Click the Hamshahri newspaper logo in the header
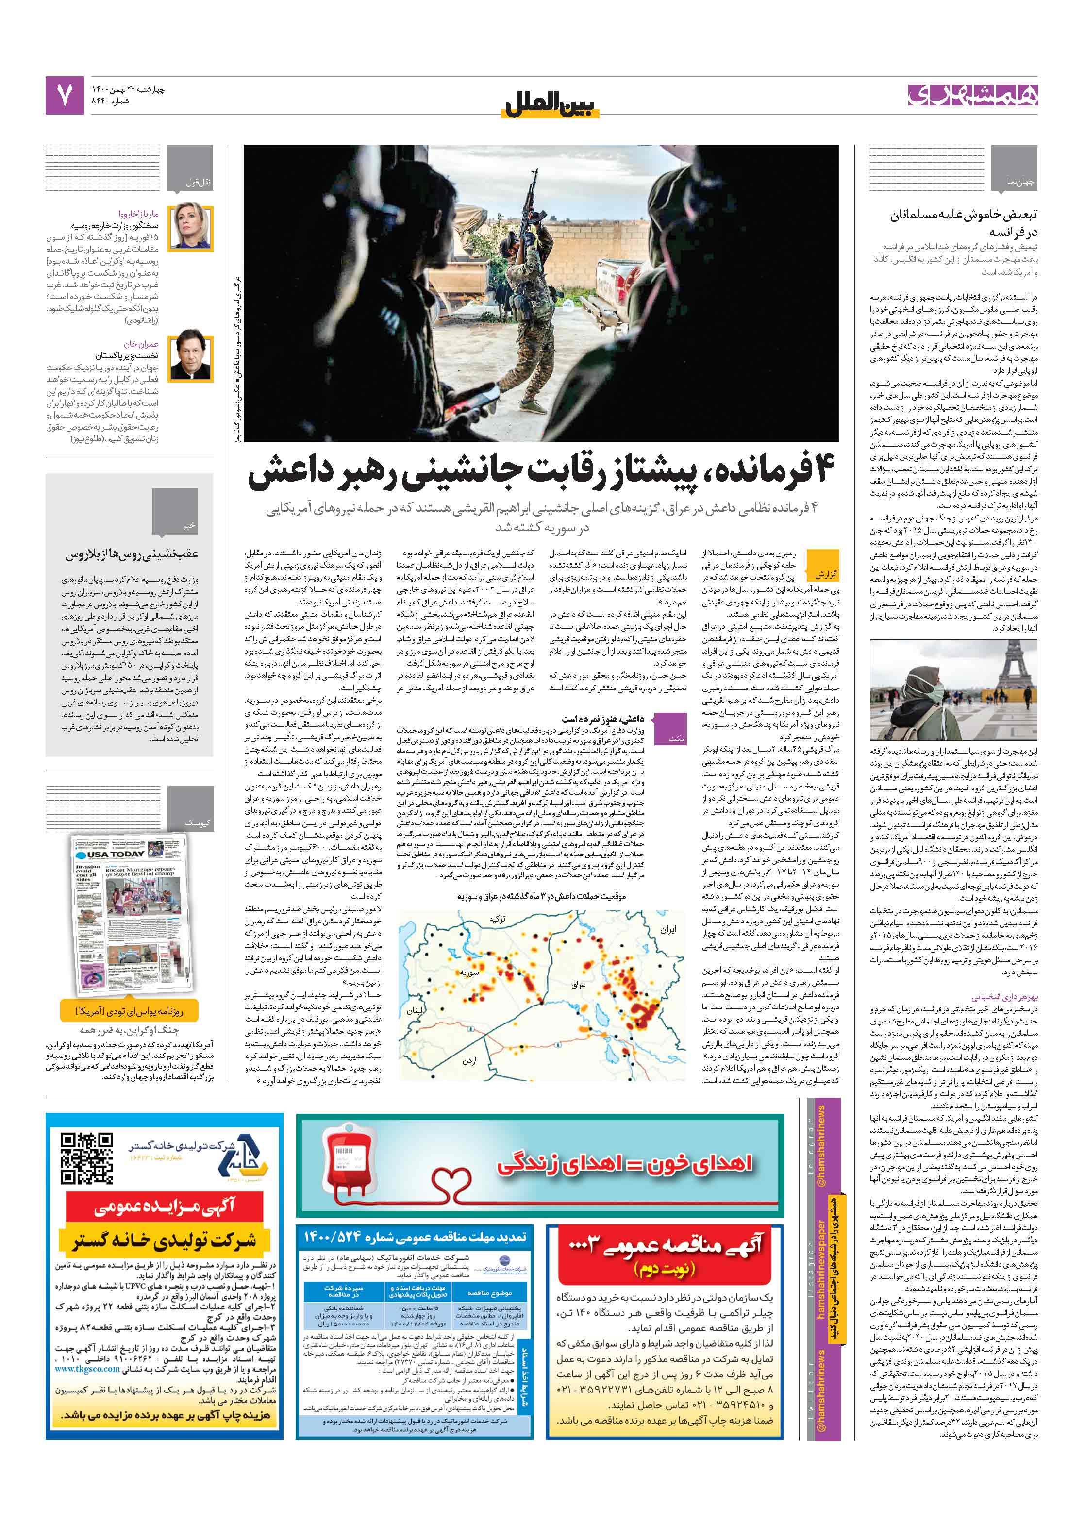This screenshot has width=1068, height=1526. pyautogui.click(x=971, y=96)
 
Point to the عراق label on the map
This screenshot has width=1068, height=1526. pyautogui.click(x=578, y=984)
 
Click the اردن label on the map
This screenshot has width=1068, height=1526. pyautogui.click(x=469, y=1060)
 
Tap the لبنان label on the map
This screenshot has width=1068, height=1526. pyautogui.click(x=415, y=1010)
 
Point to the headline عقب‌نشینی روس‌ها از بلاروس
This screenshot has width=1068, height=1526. pyautogui.click(x=132, y=554)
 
